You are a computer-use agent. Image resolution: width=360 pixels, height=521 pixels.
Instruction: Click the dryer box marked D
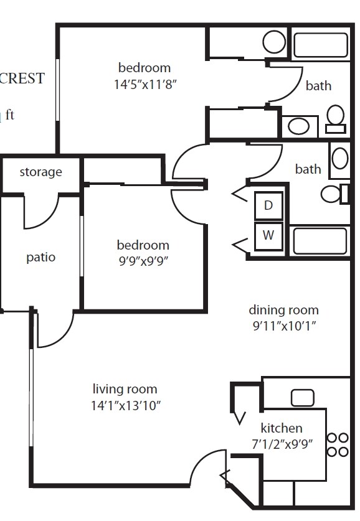click(x=268, y=205)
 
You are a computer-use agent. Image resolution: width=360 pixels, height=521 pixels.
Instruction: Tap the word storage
click(x=40, y=172)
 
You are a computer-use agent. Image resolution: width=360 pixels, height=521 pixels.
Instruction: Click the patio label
click(x=40, y=257)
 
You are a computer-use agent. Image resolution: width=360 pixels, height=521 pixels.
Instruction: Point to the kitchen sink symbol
click(x=303, y=397)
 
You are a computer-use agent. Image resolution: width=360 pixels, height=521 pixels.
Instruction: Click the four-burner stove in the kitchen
click(x=337, y=444)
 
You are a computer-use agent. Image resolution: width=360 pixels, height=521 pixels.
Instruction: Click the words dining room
click(x=283, y=310)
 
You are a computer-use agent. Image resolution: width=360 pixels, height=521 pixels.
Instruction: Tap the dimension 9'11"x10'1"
click(x=283, y=326)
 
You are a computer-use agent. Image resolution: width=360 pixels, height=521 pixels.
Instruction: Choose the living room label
click(x=125, y=390)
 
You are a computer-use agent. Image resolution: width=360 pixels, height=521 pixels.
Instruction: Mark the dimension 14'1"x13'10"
click(x=125, y=406)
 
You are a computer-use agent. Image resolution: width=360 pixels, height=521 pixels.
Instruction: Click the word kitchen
click(x=282, y=428)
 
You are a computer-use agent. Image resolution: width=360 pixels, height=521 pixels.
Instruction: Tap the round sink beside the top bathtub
click(x=273, y=42)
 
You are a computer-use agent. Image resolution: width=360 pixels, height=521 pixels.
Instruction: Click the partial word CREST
click(x=22, y=78)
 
